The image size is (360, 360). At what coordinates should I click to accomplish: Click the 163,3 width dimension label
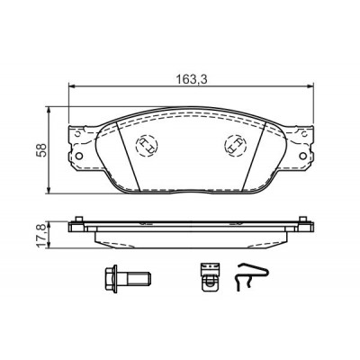(x=192, y=79)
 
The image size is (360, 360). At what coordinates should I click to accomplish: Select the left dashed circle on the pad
(x=147, y=145)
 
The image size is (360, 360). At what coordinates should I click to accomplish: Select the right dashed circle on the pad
(x=236, y=145)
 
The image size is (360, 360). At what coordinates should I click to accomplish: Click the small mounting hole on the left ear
(x=79, y=156)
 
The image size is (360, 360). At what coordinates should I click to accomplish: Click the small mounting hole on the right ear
(x=303, y=156)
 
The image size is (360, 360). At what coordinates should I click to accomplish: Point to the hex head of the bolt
(x=111, y=278)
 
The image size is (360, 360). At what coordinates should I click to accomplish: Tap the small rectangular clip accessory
(x=210, y=276)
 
